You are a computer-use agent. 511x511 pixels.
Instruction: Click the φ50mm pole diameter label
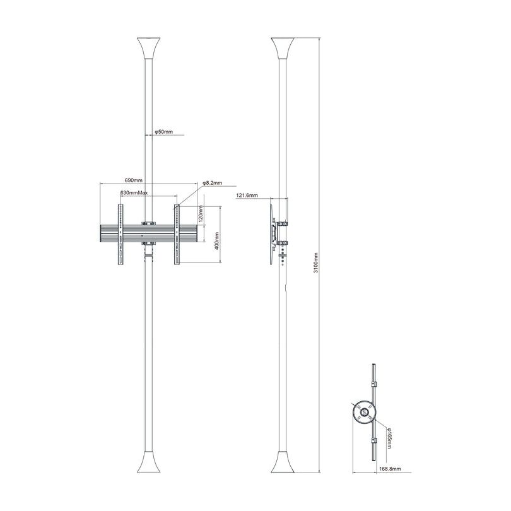point(164,132)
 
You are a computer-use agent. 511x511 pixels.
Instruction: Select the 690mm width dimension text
point(134,180)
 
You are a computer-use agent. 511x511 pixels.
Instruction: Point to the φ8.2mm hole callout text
point(213,183)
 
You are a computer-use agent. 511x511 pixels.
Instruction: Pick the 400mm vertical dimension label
point(216,240)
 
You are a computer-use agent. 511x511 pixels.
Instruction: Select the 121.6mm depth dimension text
point(247,196)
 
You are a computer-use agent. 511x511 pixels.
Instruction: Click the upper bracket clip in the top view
point(373,384)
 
